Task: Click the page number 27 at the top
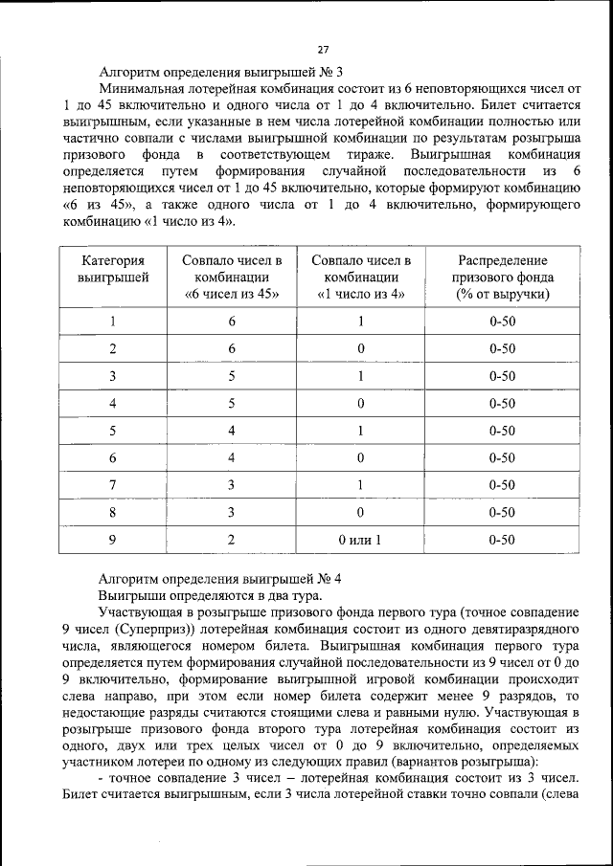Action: (323, 50)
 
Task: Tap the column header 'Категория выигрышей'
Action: (113, 277)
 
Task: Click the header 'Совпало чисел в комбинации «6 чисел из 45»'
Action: (232, 277)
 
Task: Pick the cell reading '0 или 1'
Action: (360, 540)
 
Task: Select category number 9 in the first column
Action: (113, 540)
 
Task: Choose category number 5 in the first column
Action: (113, 431)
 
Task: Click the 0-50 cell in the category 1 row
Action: (502, 322)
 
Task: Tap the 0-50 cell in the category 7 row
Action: (502, 485)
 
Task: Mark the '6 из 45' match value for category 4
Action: (232, 403)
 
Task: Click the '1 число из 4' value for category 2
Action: (360, 348)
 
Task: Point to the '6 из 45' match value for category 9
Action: (232, 540)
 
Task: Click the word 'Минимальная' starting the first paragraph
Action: (144, 87)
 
